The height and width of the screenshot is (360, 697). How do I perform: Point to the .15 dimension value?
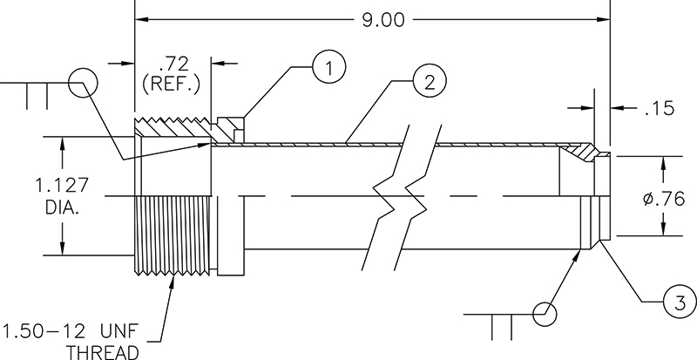pyautogui.click(x=660, y=110)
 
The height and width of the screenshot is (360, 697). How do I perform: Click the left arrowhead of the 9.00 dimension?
pyautogui.click(x=139, y=18)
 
